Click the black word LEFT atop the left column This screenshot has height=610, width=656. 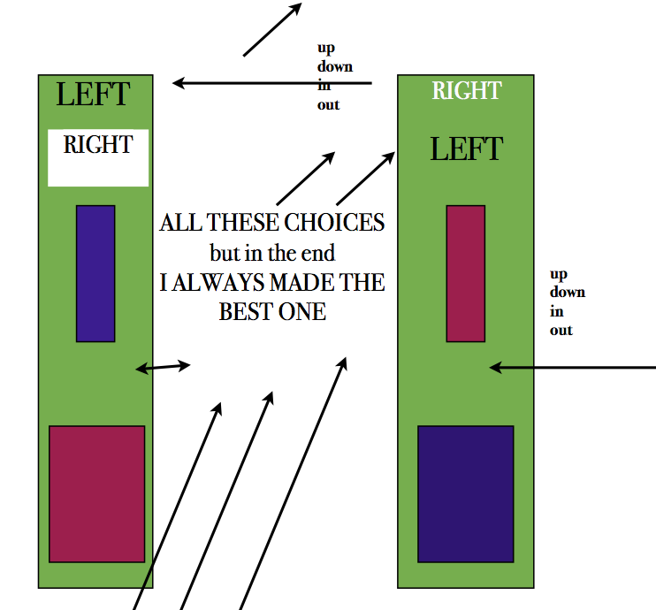(x=93, y=94)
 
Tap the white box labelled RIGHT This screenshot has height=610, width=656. (x=97, y=157)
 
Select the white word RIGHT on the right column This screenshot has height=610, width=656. (x=466, y=90)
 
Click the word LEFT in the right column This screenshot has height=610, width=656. (x=466, y=149)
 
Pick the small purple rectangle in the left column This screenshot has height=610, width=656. (x=95, y=273)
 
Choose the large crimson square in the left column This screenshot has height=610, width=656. (x=96, y=493)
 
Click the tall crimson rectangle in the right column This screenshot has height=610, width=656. (x=465, y=273)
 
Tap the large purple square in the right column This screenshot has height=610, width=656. (x=465, y=493)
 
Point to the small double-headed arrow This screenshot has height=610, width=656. (x=163, y=367)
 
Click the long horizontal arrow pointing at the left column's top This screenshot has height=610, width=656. (x=265, y=83)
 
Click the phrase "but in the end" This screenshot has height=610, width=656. (x=272, y=253)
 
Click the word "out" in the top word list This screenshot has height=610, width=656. (x=328, y=105)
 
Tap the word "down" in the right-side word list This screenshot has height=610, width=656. (x=567, y=292)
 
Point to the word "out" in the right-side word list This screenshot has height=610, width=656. (x=561, y=330)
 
